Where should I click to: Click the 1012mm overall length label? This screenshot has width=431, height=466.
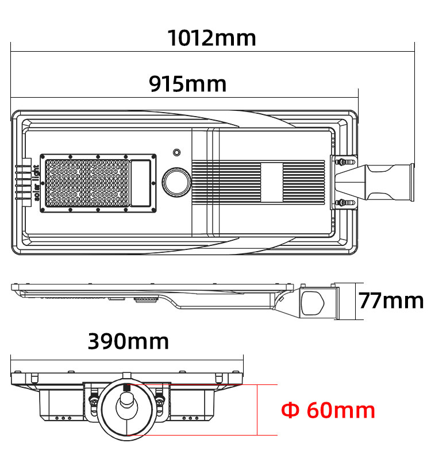point(211,38)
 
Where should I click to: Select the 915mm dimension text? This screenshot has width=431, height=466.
point(187,84)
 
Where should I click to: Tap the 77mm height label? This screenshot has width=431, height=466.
point(391,301)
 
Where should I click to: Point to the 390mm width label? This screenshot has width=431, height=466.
point(128,341)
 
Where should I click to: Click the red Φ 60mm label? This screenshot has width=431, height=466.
point(328,410)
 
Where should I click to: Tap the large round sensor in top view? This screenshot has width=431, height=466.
point(176,182)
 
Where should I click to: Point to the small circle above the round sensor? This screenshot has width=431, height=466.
point(176,152)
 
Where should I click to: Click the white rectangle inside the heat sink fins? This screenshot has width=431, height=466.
point(272,182)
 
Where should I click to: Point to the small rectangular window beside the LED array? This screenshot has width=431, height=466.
point(141,182)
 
